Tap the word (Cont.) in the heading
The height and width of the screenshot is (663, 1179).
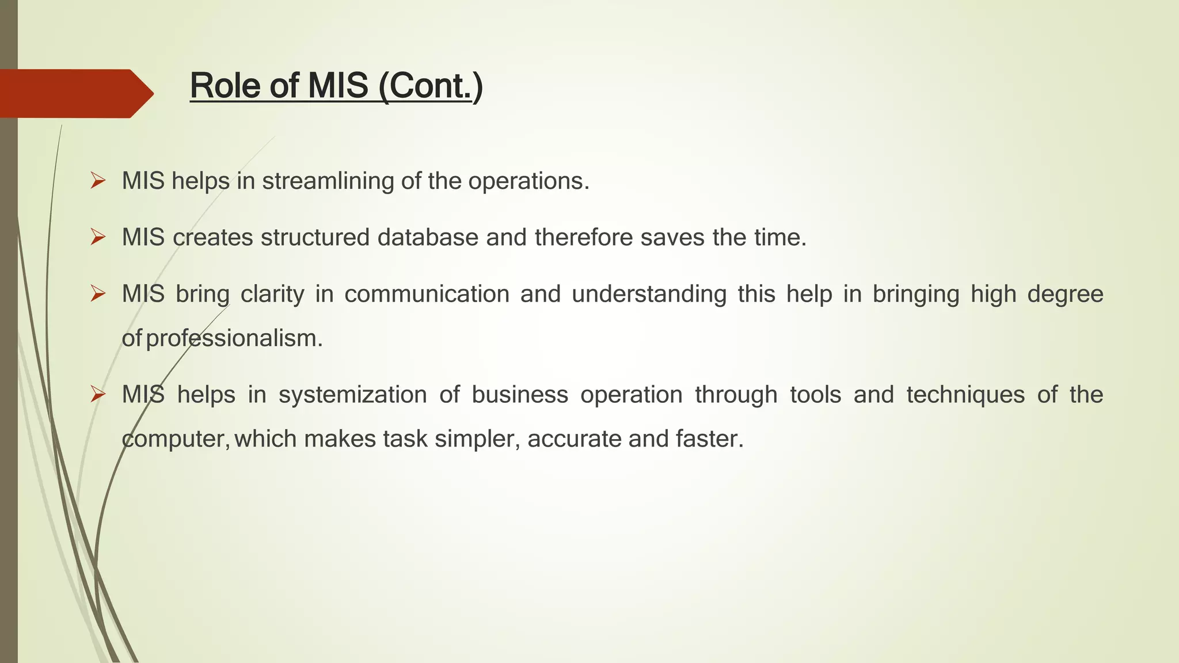tap(431, 86)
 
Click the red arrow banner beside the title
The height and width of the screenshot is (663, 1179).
tap(75, 93)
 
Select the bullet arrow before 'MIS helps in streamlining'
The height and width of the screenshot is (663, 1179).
tap(98, 181)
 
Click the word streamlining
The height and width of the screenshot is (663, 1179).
tap(328, 181)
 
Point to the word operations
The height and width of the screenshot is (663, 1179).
tap(528, 181)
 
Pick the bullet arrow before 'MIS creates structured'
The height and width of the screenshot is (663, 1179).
tap(98, 237)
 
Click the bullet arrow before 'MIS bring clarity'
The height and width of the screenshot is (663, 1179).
tap(98, 294)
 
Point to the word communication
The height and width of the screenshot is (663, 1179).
tap(427, 294)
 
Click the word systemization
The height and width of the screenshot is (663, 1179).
tap(352, 395)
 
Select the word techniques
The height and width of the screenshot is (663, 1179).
tap(965, 395)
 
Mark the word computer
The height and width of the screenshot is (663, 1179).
tap(176, 439)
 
